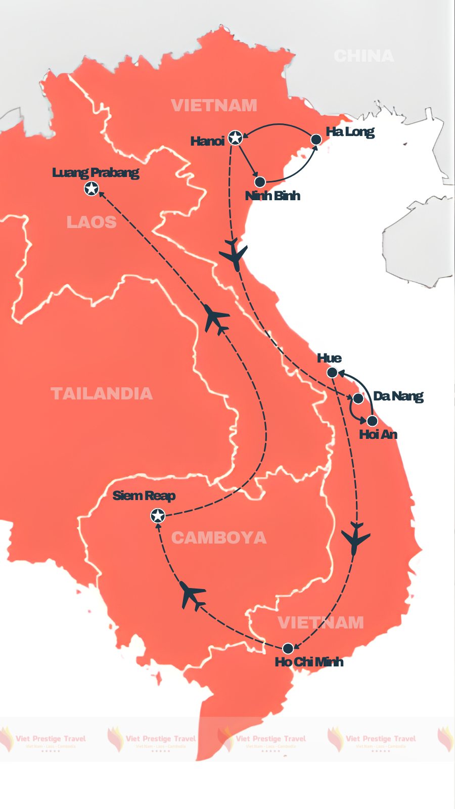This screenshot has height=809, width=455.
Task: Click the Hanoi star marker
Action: pos(235,137)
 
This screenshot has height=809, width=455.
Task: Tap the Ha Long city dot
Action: pos(316,139)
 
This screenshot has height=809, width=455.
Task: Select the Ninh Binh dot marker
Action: pos(260,182)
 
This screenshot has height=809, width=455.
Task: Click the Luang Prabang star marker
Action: pos(91,189)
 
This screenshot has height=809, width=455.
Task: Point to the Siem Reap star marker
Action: pos(158,516)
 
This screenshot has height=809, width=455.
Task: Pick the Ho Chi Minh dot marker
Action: pos(288,648)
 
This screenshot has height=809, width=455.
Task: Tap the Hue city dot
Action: pos(332,373)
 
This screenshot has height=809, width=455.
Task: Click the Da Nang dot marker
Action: pos(358,398)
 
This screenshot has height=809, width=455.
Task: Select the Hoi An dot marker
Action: pos(372,421)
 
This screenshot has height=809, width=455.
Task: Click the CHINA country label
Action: pos(363,56)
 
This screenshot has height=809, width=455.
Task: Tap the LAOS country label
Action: pos(92,222)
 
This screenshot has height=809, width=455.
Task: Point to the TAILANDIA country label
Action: pos(102,393)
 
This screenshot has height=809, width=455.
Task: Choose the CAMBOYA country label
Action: pos(218,537)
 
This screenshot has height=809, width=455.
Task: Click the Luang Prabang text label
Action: pos(96,172)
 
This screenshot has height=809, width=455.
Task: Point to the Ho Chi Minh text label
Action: pos(309,662)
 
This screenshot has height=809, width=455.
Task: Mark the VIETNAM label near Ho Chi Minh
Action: pos(321,622)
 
